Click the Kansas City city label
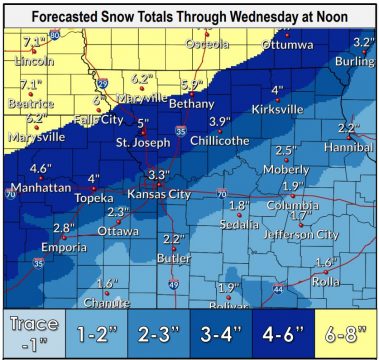coord(161,192)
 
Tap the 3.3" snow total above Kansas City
coord(158,175)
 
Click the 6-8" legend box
coord(345,331)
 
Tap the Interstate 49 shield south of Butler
coord(173,285)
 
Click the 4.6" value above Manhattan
coord(40,168)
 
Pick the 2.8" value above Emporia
coord(64,228)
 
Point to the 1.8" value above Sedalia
coord(237,206)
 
